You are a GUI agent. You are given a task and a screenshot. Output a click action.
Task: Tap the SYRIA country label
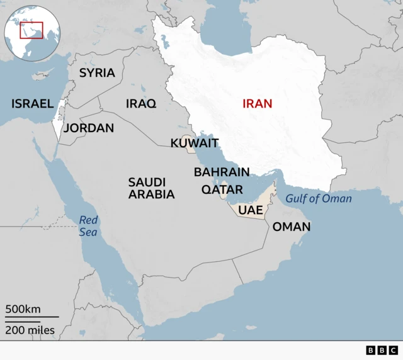pos(97,73)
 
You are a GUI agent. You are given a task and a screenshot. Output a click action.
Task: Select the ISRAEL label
pos(32,104)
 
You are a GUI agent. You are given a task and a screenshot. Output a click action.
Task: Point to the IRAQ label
pos(141,104)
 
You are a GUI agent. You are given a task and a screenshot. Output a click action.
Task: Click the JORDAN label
pos(89,128)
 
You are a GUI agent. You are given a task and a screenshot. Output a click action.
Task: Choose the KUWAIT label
pos(195,143)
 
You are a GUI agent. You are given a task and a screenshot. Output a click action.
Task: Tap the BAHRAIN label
pos(222,172)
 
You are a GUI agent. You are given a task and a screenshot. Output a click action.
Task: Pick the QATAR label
pos(222,189)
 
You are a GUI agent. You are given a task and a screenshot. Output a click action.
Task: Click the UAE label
pos(251,209)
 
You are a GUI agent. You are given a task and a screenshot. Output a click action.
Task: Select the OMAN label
pos(291,227)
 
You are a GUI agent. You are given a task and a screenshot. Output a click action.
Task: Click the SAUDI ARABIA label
pos(151,188)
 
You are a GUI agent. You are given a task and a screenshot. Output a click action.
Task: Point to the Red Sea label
pos(89,226)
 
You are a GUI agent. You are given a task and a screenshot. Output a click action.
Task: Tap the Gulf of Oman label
pos(319,199)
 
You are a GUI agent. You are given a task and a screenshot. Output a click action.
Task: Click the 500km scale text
pos(23,309)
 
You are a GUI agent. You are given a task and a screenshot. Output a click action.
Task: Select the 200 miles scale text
pos(30,330)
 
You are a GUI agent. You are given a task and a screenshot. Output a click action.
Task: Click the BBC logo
pos(382,351)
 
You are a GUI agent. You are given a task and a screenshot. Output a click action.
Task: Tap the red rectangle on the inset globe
pos(31,30)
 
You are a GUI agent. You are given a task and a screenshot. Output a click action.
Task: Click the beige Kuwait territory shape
pos(188,141)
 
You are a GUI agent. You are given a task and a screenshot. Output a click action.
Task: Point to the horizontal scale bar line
pos(31,317)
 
